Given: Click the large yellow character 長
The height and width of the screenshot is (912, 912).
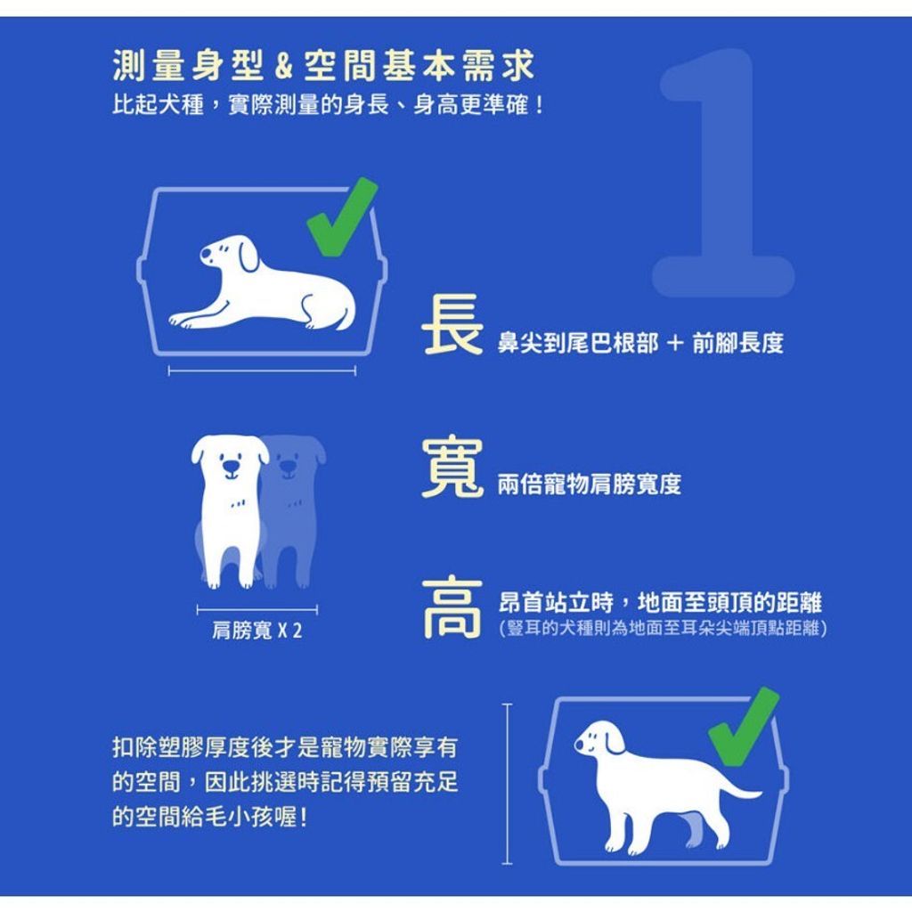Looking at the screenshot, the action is [452, 324].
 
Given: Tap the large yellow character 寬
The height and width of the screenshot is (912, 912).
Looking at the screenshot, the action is [452, 467].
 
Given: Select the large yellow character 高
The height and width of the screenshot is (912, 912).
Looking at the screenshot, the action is [452, 608].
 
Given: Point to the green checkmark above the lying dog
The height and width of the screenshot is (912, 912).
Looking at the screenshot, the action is [343, 217].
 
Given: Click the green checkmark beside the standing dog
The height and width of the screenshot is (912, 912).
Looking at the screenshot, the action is [745, 727].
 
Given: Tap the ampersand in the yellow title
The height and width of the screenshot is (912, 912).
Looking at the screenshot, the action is [283, 66].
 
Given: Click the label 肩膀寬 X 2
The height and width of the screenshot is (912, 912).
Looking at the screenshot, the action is [256, 631].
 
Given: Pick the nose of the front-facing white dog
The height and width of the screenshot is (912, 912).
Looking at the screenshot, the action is [232, 467].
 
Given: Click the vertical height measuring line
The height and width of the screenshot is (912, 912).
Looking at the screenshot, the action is [507, 784].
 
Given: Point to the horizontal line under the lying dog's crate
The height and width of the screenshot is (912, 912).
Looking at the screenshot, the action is [262, 371].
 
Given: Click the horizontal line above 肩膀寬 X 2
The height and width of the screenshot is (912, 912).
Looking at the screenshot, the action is [257, 610].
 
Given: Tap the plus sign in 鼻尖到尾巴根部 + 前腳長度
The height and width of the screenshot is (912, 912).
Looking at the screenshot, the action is [675, 343].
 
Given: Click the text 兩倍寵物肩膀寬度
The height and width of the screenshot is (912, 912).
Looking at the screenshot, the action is [589, 484].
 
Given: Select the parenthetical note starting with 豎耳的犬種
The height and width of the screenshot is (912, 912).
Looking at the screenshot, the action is [663, 628].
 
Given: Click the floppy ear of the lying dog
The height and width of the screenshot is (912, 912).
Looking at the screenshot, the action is [248, 256].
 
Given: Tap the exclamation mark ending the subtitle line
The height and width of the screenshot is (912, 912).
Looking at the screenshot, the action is [540, 105].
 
